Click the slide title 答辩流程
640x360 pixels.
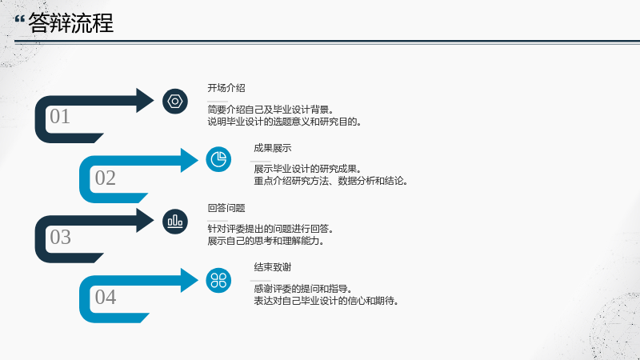(x=70, y=23)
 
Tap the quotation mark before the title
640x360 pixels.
(x=19, y=18)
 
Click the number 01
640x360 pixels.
(x=60, y=116)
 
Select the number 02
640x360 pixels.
(x=106, y=178)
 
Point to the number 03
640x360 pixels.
(x=61, y=237)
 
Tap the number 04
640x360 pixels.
(x=106, y=297)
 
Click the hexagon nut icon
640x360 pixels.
(x=175, y=102)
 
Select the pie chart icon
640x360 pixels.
(x=218, y=159)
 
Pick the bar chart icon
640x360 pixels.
(x=175, y=222)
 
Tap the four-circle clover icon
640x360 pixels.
(x=218, y=281)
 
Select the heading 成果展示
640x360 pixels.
(x=273, y=148)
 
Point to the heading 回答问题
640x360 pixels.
(x=226, y=208)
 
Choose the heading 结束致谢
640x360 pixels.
(x=273, y=267)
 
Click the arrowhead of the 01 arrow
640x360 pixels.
(x=145, y=101)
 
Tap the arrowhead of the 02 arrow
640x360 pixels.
(x=190, y=160)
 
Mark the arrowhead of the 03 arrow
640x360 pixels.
(x=145, y=221)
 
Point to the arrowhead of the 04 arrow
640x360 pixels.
(x=190, y=281)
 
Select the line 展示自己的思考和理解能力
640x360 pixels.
(x=266, y=241)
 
